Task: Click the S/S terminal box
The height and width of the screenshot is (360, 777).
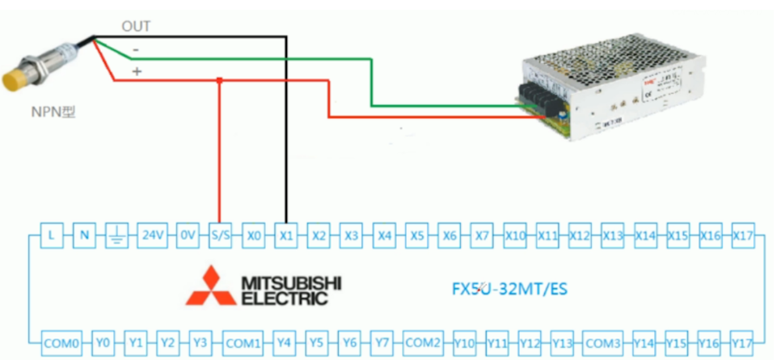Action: (x=220, y=235)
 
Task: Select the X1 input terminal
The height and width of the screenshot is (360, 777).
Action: (x=285, y=235)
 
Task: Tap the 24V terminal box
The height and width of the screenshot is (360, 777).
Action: (x=153, y=235)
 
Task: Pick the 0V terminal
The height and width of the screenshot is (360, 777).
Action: (x=188, y=235)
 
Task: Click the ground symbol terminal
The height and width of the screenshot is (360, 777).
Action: (x=116, y=235)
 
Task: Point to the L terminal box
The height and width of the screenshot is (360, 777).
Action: (x=51, y=235)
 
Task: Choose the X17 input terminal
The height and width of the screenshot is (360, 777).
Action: (x=743, y=235)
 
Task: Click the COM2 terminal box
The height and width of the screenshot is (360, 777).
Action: (x=423, y=342)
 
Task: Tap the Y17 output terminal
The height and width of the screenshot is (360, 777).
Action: (x=742, y=342)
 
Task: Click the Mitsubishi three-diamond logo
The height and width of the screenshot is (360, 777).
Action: (x=207, y=286)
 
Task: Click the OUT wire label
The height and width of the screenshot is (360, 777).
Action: (x=136, y=26)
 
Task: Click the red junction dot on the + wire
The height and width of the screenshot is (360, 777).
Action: (x=220, y=79)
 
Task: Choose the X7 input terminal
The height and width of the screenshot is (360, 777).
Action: (x=482, y=235)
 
